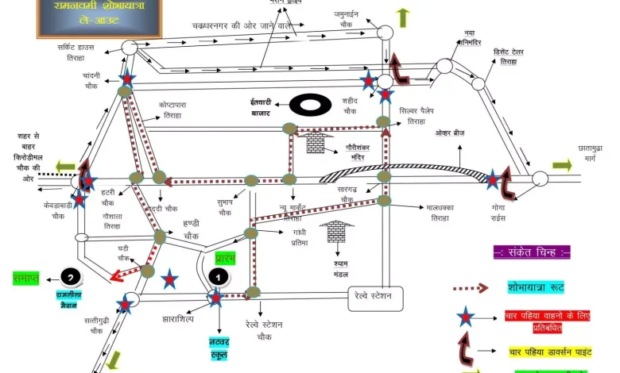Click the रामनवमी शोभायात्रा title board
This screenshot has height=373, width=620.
(99, 17)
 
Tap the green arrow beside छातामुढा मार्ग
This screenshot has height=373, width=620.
(562, 166)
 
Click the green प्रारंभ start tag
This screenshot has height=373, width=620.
(226, 260)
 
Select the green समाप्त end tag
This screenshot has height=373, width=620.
(26, 278)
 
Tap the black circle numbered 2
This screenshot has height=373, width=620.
(71, 278)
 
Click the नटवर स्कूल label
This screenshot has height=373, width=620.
(219, 348)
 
